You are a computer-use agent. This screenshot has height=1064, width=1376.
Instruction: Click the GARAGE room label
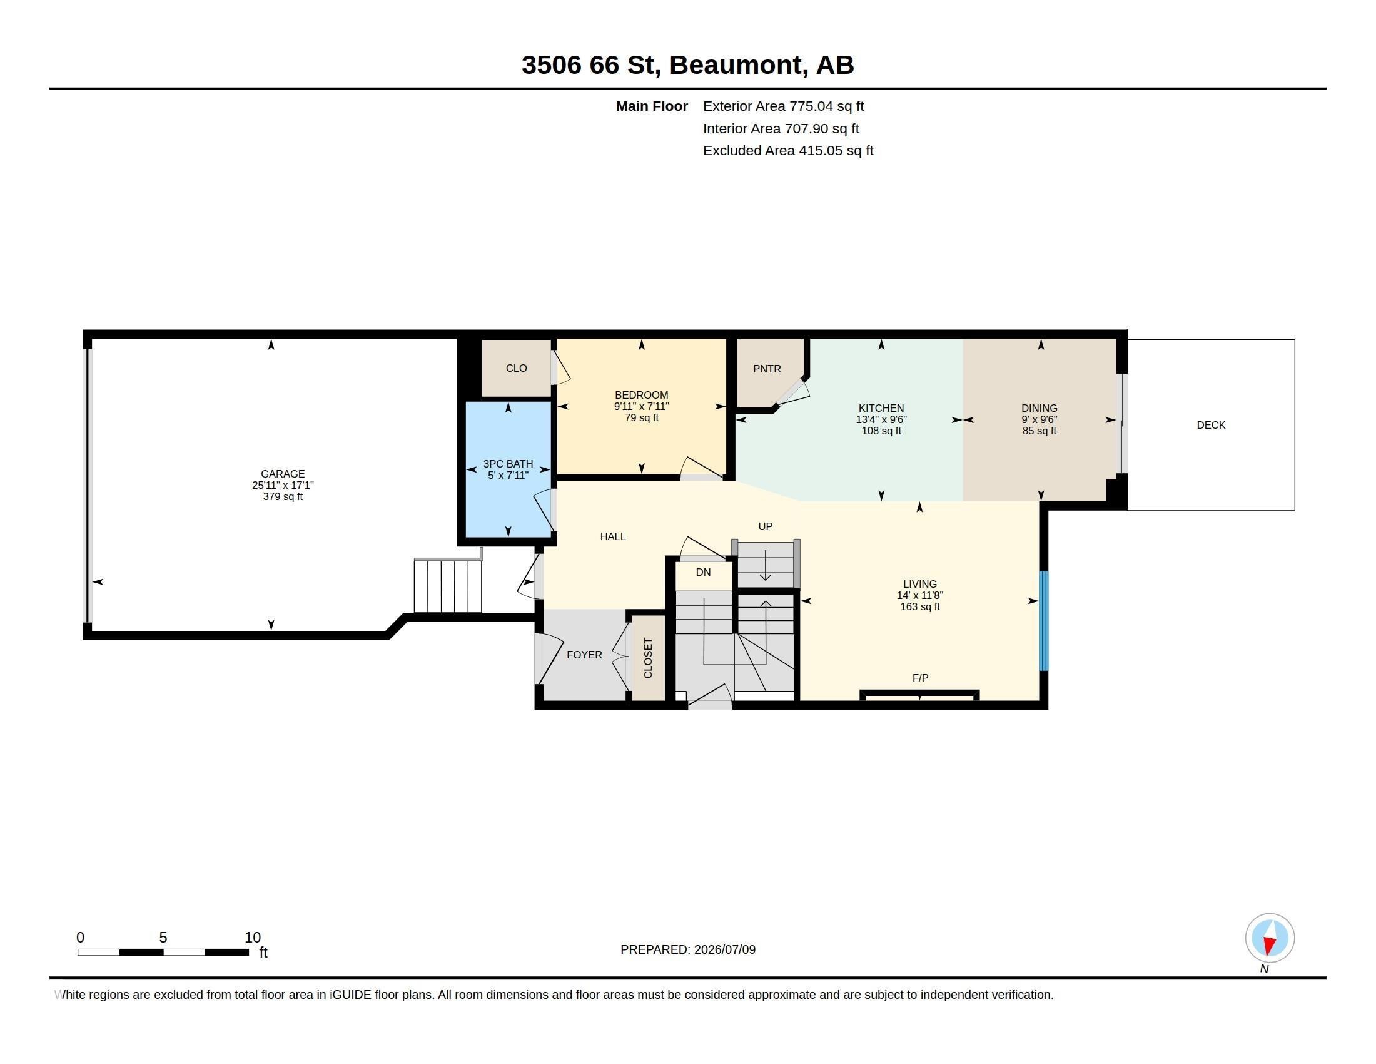(282, 473)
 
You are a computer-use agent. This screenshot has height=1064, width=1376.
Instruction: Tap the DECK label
(1211, 425)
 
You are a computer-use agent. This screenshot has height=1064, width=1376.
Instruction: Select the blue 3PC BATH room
(508, 469)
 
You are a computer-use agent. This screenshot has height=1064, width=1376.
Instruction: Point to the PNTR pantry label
(767, 369)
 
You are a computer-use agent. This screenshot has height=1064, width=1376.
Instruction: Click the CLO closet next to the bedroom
(517, 368)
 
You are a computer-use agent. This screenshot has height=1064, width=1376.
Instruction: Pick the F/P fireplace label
(920, 678)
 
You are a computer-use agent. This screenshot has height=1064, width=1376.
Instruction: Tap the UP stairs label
(765, 526)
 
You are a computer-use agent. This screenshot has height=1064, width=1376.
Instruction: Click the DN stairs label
(703, 571)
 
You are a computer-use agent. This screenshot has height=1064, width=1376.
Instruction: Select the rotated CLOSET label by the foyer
(648, 658)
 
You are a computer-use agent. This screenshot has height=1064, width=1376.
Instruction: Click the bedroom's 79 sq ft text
(641, 418)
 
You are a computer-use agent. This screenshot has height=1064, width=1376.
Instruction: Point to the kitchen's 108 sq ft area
(881, 431)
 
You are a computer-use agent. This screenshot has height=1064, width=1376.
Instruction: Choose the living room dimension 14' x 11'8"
(920, 595)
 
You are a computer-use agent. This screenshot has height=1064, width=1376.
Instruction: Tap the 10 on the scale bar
(253, 938)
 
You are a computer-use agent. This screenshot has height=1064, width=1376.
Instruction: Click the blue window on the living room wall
(1043, 620)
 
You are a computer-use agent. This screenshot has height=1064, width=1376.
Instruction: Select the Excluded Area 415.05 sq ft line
(787, 151)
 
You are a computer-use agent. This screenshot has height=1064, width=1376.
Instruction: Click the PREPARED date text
(688, 949)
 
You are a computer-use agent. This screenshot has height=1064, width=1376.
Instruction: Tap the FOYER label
(584, 655)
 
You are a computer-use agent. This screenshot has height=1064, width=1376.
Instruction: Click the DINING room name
(1039, 409)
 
